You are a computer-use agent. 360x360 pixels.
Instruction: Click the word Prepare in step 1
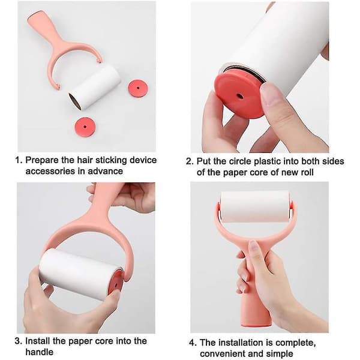pyautogui.click(x=42, y=160)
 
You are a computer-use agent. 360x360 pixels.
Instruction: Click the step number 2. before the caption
pyautogui.click(x=190, y=161)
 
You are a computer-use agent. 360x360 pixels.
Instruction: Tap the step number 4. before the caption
pyautogui.click(x=193, y=343)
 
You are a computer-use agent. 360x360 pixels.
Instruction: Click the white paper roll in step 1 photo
pyautogui.click(x=95, y=87)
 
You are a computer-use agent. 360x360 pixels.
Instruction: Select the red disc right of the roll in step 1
pyautogui.click(x=138, y=88)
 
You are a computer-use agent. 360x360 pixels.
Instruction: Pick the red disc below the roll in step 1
pyautogui.click(x=85, y=127)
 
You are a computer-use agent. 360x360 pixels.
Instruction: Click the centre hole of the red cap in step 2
pyautogui.click(x=240, y=96)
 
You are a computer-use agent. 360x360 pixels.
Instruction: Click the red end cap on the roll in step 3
pyautogui.click(x=115, y=282)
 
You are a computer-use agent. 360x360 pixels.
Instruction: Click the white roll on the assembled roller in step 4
pyautogui.click(x=255, y=206)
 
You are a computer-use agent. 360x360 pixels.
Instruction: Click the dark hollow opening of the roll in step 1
pyautogui.click(x=75, y=101)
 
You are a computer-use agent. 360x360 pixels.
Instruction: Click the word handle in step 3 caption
pyautogui.click(x=39, y=352)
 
